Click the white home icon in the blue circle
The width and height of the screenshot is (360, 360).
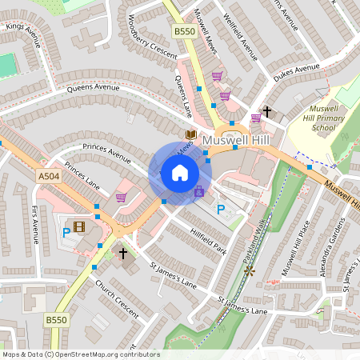click(180, 173)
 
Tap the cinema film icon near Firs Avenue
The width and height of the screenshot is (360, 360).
click(78, 226)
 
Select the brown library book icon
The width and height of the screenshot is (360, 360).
click(190, 135)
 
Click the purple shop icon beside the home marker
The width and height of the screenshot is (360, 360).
click(199, 191)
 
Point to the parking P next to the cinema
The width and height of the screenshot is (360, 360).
click(66, 234)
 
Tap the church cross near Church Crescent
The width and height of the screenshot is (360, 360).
click(123, 254)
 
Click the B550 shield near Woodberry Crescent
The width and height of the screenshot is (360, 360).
click(183, 31)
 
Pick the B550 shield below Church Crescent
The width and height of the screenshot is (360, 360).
click(56, 320)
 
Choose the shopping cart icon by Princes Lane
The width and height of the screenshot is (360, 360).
click(122, 198)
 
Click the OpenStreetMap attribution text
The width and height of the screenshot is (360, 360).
click(80, 354)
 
